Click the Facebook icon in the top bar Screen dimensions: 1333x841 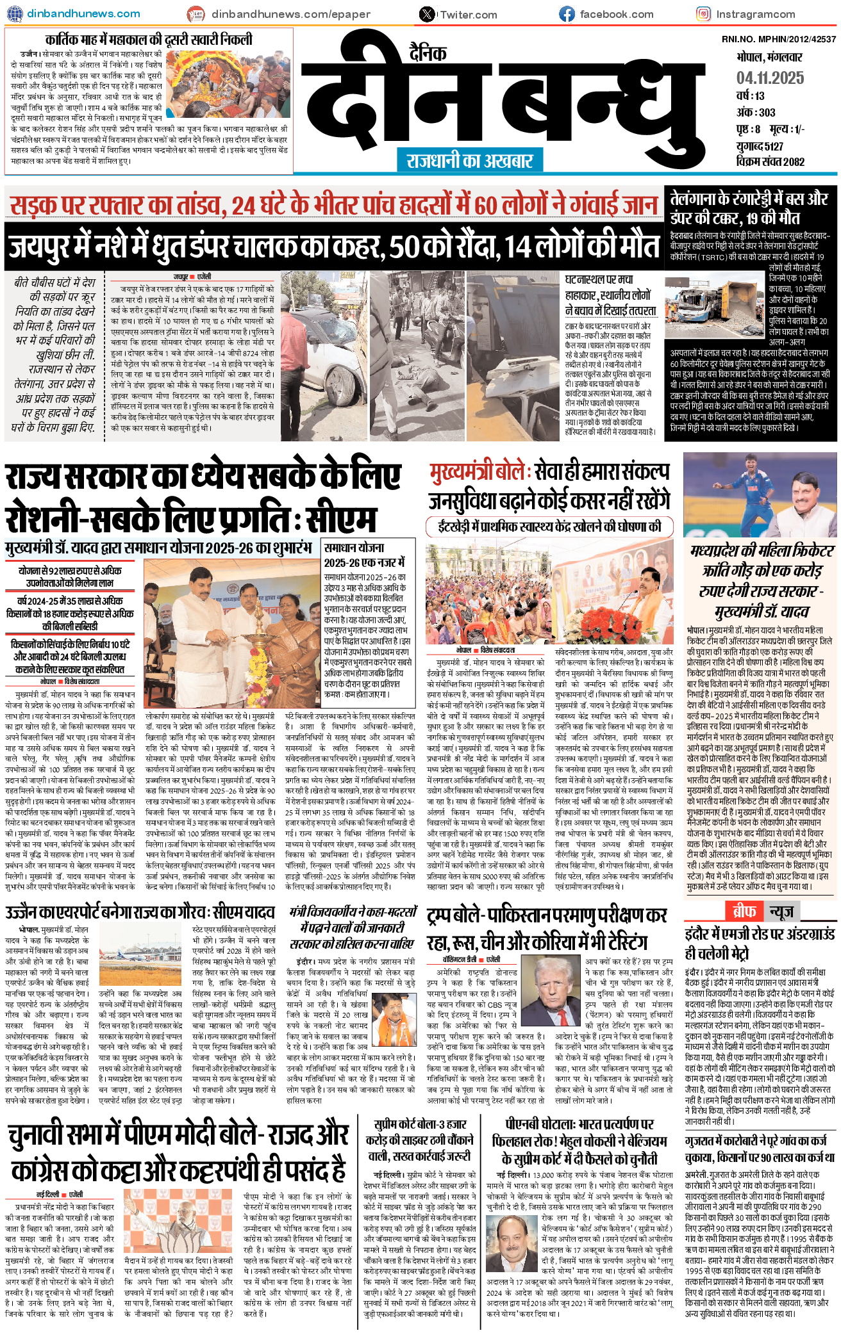tap(567, 13)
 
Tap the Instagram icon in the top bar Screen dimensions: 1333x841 tap(703, 13)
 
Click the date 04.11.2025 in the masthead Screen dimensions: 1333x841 tap(770, 78)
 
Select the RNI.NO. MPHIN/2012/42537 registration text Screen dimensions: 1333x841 tap(778, 40)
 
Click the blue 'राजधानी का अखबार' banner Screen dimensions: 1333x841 tap(469, 160)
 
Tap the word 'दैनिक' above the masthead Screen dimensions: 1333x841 tap(428, 52)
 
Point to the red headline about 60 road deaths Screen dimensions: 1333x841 tap(333, 206)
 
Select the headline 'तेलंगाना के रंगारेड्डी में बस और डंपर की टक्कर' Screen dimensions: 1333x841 tap(749, 207)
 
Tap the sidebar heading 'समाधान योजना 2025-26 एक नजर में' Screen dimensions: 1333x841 tap(364, 555)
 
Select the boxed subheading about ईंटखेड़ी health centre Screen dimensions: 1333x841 tap(549, 527)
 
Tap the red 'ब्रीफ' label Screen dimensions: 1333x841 tap(744, 911)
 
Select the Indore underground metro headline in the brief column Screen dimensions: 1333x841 tap(759, 943)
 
